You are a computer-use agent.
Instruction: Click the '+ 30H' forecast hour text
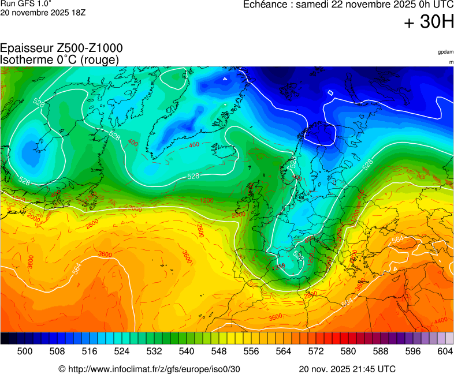pos(429,22)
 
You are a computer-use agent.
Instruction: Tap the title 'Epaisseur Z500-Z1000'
pos(61,48)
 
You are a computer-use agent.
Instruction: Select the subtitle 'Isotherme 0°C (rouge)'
pos(60,59)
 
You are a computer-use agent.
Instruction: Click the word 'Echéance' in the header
pos(266,5)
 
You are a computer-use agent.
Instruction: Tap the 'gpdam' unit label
pos(445,52)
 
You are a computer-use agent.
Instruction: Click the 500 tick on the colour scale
pos(25,351)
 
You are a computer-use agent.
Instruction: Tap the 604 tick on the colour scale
pos(445,351)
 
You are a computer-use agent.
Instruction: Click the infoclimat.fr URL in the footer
pos(150,369)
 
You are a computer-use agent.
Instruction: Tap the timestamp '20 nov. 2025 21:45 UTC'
pos(347,369)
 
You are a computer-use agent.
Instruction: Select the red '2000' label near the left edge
pos(34,220)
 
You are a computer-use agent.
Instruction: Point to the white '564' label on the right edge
pos(397,240)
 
